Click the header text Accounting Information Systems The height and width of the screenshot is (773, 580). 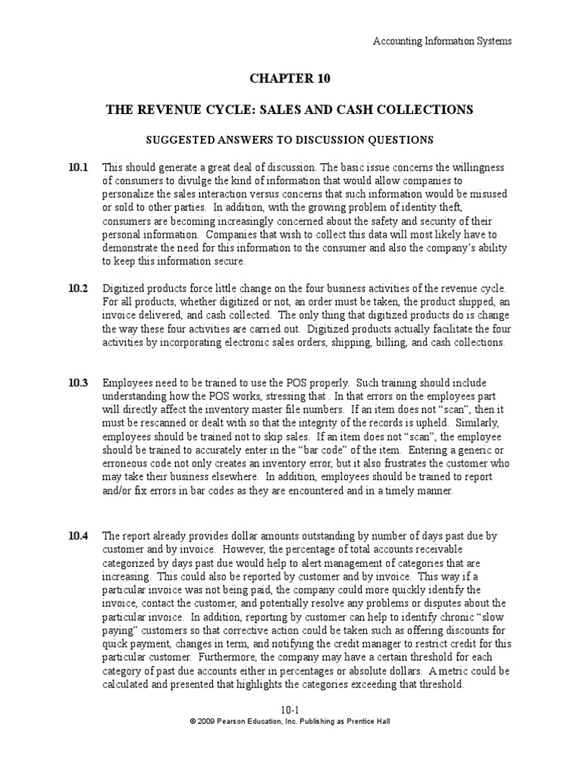coord(443,41)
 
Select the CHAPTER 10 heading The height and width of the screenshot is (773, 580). coord(290,79)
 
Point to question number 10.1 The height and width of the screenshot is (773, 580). coord(79,167)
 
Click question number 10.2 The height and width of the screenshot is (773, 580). coord(79,289)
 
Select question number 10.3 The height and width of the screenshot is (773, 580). coord(79,383)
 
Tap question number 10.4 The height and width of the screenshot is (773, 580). coord(79,536)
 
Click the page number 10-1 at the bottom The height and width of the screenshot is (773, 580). coord(290,710)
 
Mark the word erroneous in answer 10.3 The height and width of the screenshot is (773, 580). coord(126,463)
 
